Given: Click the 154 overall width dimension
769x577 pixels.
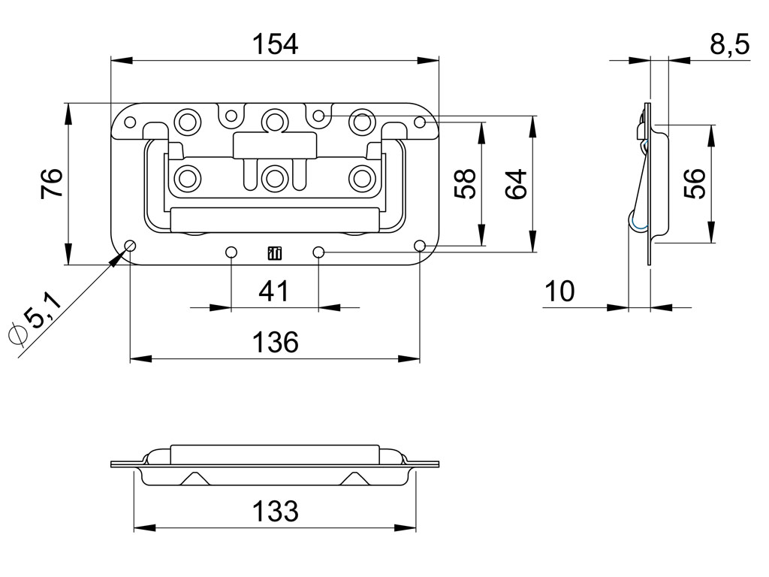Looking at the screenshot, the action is click(x=275, y=44).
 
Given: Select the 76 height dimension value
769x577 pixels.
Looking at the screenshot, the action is click(x=53, y=183).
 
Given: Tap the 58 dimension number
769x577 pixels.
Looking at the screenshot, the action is click(x=465, y=183).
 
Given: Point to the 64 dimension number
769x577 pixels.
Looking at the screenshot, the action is click(x=517, y=183).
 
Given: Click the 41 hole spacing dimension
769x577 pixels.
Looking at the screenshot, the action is click(x=274, y=292).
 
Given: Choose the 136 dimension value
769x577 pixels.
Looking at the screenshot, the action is click(x=275, y=342).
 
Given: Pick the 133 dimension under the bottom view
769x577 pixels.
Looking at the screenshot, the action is click(x=275, y=511).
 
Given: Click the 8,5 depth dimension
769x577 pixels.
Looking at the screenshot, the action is click(x=730, y=44).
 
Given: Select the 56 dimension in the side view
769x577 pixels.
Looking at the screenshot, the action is click(x=695, y=183).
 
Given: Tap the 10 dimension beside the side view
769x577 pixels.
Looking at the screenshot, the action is click(x=559, y=292).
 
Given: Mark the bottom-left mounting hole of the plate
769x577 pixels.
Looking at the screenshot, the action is click(x=130, y=246).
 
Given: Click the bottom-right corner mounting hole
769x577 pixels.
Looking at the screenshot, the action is click(x=420, y=246).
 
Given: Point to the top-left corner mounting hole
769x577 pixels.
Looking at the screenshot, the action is click(x=130, y=122).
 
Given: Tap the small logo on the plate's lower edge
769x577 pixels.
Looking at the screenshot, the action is click(x=275, y=253).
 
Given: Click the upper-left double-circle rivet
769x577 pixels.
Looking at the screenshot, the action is click(x=187, y=121).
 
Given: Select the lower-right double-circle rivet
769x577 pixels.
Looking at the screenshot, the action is click(x=362, y=179).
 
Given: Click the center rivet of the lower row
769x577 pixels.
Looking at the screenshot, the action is click(x=274, y=179).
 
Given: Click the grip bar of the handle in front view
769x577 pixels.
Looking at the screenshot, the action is click(x=275, y=219).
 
